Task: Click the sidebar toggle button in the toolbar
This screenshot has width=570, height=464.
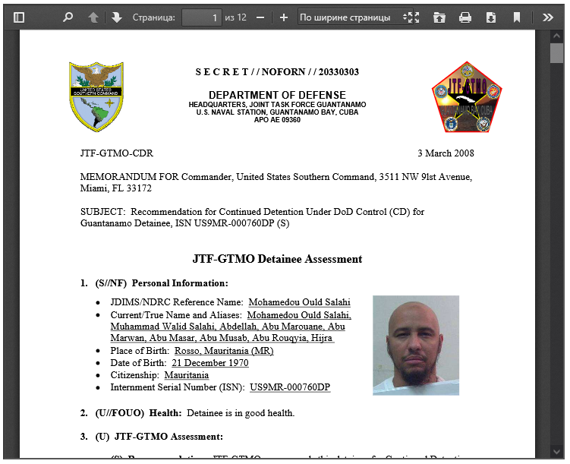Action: pyautogui.click(x=19, y=17)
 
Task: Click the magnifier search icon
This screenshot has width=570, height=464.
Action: pyautogui.click(x=68, y=17)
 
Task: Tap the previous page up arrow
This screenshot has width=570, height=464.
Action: pyautogui.click(x=93, y=17)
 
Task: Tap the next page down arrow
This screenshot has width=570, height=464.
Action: pyautogui.click(x=116, y=17)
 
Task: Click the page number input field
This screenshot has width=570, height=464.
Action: pyautogui.click(x=201, y=17)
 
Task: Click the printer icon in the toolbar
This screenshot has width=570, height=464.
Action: pyautogui.click(x=465, y=17)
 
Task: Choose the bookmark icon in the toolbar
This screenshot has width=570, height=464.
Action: pyautogui.click(x=517, y=17)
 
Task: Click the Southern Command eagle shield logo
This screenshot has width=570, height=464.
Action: pyautogui.click(x=96, y=96)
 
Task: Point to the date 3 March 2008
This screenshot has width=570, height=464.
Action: pyautogui.click(x=446, y=153)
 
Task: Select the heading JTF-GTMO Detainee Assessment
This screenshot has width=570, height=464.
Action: pyautogui.click(x=277, y=259)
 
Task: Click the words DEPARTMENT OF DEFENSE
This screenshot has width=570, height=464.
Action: pyautogui.click(x=277, y=94)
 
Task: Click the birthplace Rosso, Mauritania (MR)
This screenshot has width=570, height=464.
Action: pyautogui.click(x=224, y=351)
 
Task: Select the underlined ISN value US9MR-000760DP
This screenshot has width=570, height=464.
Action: pyautogui.click(x=290, y=387)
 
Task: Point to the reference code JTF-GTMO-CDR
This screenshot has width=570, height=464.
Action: pyautogui.click(x=116, y=153)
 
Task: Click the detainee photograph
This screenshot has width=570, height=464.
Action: pyautogui.click(x=415, y=346)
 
